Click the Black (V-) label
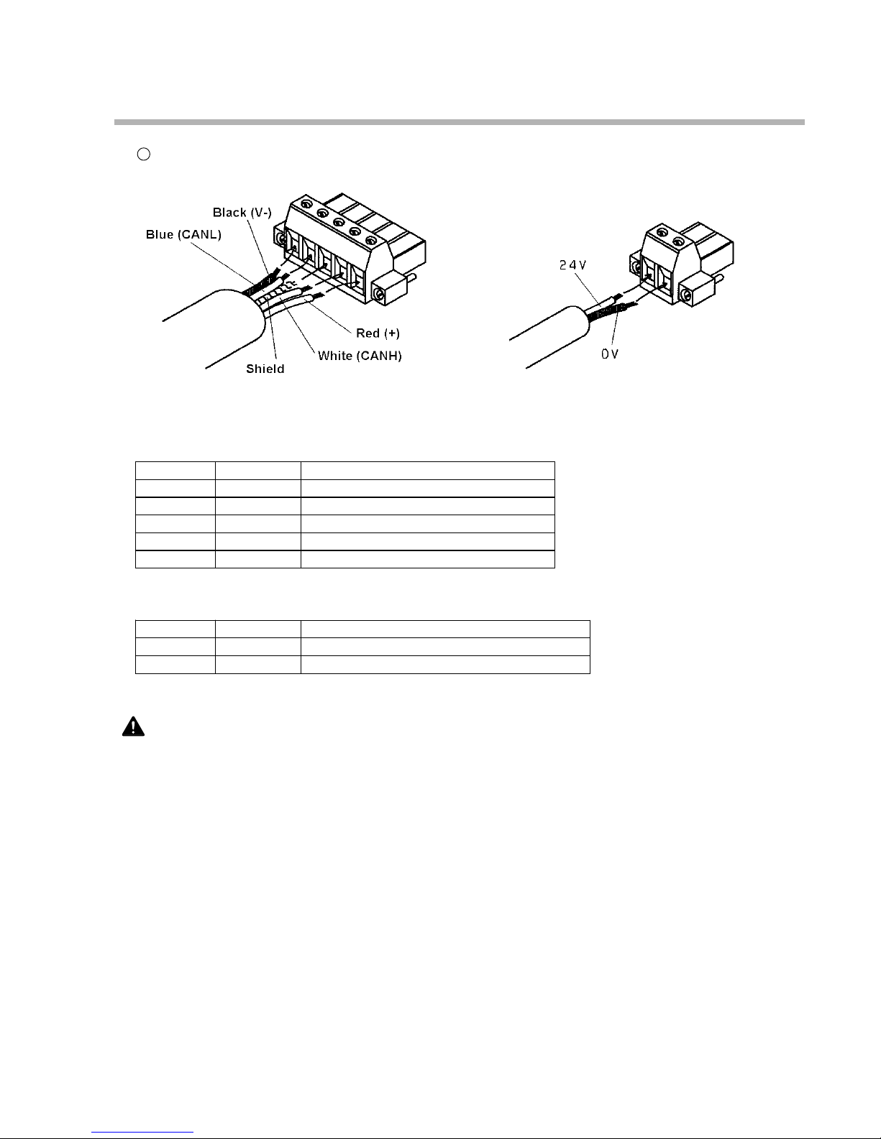240,213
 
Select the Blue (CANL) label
183,234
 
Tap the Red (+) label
378,333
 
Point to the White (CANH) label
360,356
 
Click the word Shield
265,369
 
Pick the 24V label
573,264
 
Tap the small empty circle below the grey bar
143,154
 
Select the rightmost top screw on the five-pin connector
371,240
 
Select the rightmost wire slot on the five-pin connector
355,280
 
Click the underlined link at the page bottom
143,1133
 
